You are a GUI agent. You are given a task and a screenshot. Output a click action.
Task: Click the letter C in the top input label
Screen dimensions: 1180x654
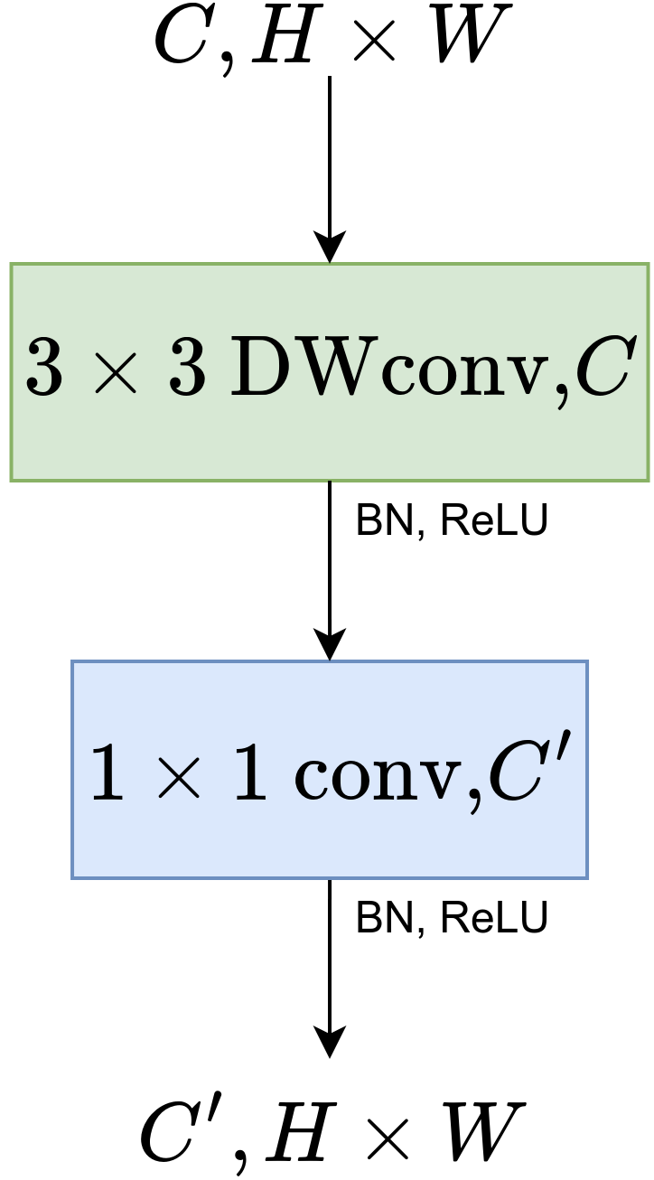coord(183,38)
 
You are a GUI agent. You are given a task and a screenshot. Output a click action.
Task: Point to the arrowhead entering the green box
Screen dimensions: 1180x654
coord(330,247)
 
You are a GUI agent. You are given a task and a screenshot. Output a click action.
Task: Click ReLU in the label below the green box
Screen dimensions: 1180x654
coord(493,521)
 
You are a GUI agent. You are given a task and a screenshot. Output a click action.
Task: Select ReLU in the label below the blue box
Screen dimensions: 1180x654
coord(493,919)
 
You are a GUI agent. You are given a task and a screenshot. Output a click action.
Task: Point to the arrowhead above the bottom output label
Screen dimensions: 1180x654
coord(330,1042)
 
